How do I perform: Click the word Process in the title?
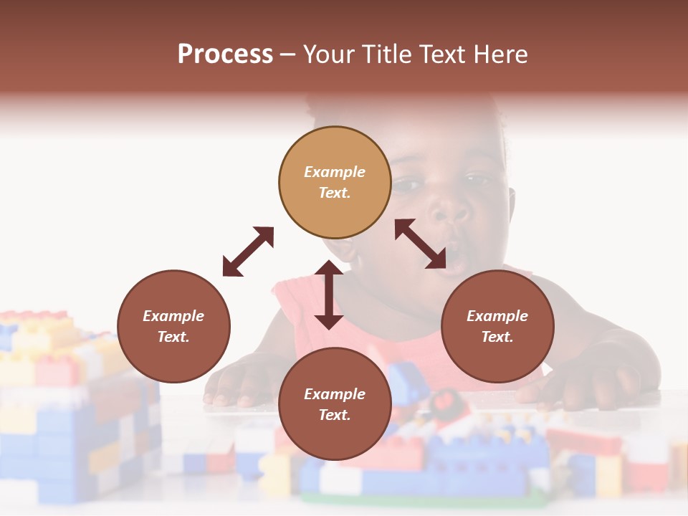pos(225,54)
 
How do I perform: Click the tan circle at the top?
pos(335,183)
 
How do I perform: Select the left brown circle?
pos(173,327)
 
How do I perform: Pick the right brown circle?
pos(497,327)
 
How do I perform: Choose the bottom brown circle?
pos(335,404)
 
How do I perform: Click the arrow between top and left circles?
pos(248,252)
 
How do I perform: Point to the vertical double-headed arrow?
pos(329,295)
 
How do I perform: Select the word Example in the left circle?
pos(173,316)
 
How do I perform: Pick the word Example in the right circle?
pos(497,316)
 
